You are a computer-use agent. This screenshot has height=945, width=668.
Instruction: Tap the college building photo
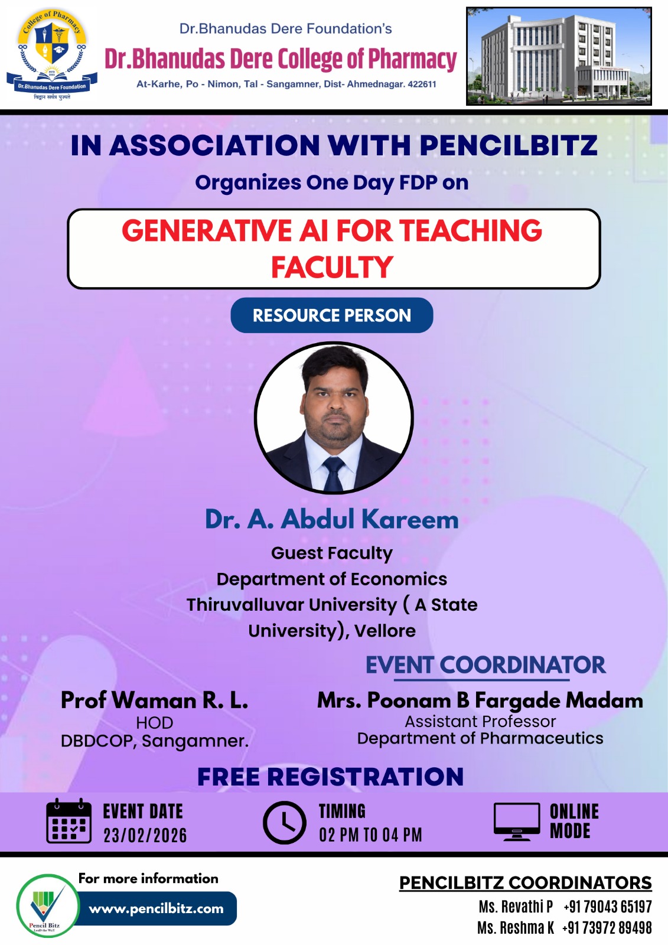click(559, 57)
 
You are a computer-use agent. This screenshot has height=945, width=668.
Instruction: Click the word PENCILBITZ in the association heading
click(508, 146)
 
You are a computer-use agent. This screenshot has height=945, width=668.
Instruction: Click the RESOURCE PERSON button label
click(331, 315)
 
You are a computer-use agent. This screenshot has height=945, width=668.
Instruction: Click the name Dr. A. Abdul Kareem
click(331, 520)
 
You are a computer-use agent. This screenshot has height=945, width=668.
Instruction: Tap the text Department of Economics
click(331, 579)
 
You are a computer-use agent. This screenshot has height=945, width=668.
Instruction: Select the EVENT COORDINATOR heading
click(485, 665)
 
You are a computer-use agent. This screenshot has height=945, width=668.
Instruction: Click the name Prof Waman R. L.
click(154, 700)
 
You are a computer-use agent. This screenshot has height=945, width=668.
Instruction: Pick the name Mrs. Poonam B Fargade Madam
click(480, 700)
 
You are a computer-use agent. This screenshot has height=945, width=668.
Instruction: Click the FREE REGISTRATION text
click(330, 777)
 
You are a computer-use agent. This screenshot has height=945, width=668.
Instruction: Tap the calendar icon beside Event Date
click(69, 821)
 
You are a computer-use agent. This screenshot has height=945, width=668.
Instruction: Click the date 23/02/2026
click(145, 835)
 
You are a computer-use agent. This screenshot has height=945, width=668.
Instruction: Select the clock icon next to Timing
click(284, 822)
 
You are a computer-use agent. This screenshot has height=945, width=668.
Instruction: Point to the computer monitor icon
click(517, 821)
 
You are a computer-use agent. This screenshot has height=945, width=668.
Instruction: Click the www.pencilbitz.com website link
click(157, 908)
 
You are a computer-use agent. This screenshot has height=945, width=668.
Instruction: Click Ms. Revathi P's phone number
click(607, 907)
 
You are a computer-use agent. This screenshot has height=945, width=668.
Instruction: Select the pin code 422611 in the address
click(422, 84)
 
